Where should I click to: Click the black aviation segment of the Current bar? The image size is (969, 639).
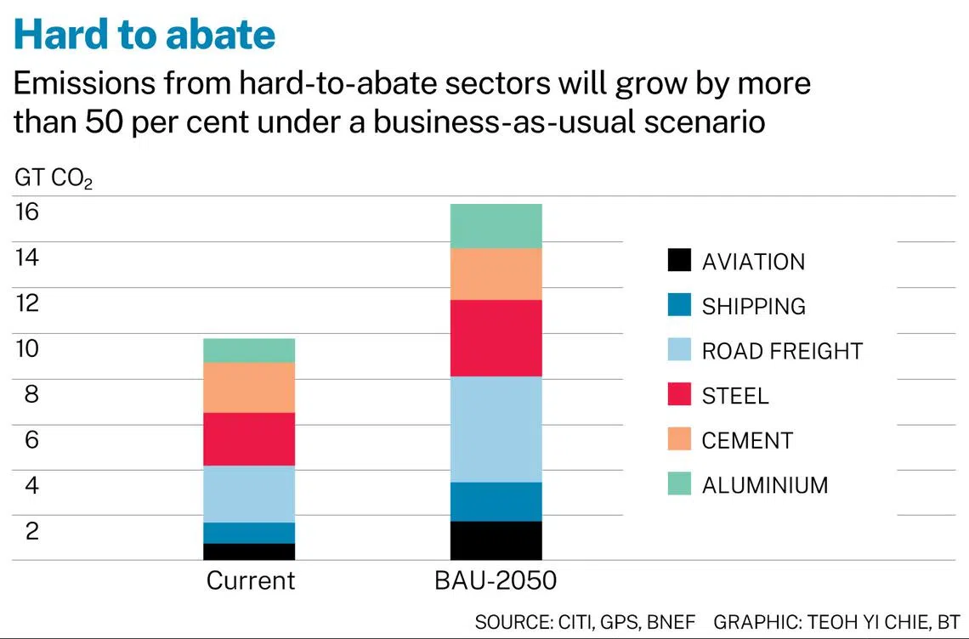tap(249, 551)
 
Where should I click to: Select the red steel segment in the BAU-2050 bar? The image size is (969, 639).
tap(496, 338)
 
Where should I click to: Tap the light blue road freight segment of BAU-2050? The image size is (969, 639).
tap(496, 429)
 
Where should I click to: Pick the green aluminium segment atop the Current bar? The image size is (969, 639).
tap(249, 351)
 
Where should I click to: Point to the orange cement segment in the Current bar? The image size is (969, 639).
tap(249, 387)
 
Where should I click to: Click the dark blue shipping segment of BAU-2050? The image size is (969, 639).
tap(496, 501)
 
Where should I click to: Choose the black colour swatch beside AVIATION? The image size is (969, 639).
tap(679, 261)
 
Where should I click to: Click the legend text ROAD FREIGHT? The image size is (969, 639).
tap(782, 351)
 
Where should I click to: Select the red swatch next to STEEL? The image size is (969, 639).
tap(679, 395)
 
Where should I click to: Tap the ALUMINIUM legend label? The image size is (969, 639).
tap(764, 485)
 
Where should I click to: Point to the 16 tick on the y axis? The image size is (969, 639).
tap(27, 212)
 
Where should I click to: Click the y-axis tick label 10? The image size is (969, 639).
tap(27, 349)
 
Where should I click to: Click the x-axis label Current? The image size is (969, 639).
tap(250, 581)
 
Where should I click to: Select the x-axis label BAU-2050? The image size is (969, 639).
tap(496, 581)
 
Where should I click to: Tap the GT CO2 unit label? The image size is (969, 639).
tap(54, 179)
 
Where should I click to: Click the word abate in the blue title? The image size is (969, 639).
tap(217, 34)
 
